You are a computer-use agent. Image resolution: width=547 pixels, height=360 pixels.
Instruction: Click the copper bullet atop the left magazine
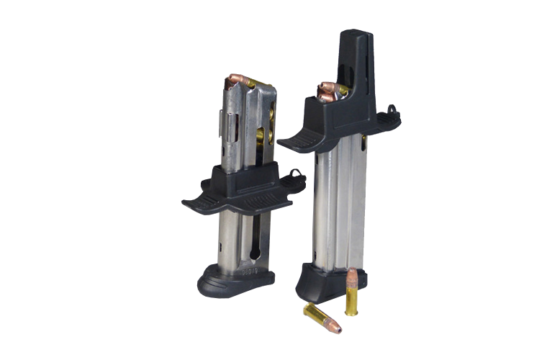point(239,80)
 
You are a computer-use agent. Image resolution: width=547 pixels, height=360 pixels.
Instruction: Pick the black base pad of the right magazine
point(327,277)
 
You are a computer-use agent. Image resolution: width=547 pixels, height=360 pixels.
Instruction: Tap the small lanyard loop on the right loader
point(392,110)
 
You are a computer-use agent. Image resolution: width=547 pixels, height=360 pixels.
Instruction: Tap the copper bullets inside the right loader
point(330,91)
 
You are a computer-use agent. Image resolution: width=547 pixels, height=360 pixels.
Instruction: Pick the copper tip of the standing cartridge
point(353,277)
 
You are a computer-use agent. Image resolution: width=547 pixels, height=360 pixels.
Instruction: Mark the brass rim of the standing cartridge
point(351,312)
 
